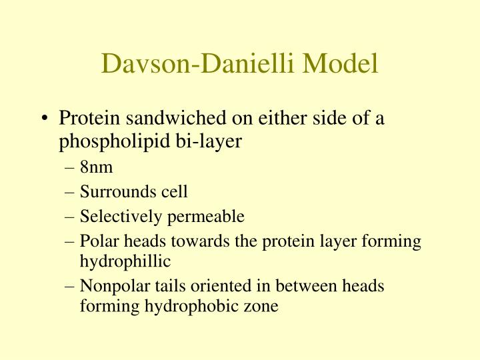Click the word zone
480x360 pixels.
[263, 308]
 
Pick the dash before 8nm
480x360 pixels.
[72, 168]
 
